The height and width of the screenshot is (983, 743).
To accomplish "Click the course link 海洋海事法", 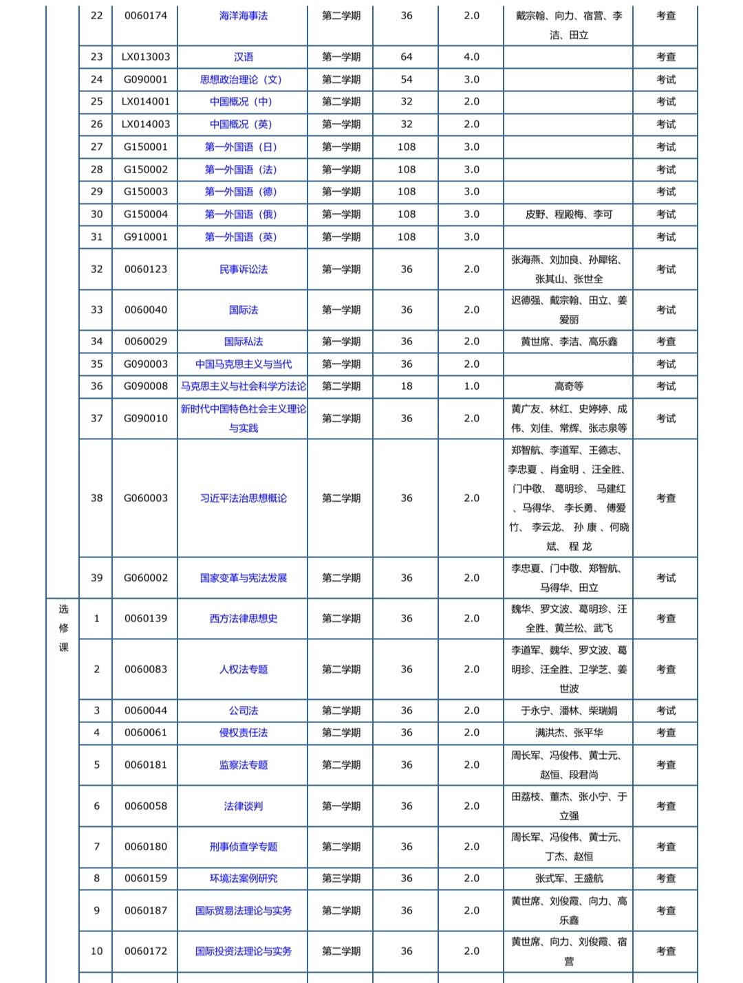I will coord(243,16).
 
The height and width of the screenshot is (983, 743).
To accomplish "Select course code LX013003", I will coord(146,57).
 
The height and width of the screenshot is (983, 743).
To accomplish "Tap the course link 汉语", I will coord(243,57).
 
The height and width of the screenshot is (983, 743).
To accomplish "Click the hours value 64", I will coord(407,57).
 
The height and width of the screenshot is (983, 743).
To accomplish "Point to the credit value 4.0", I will coord(471,57).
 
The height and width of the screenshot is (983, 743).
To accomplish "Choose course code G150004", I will coord(146,214).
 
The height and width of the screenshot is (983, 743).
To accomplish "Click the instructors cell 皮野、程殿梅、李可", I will coord(568,214).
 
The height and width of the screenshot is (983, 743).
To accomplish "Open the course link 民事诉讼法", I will coord(243,269).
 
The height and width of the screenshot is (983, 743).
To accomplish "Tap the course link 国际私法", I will coord(243,342).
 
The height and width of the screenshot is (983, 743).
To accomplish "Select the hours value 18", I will coord(407,386).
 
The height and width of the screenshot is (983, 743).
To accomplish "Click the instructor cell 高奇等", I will coord(568,386).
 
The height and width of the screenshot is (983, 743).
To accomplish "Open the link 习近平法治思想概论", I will coord(243,498).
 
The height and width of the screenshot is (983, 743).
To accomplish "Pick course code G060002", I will coord(146,578).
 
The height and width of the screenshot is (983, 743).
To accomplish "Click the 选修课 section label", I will coord(63,628).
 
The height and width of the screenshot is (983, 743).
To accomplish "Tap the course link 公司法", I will coord(243,711).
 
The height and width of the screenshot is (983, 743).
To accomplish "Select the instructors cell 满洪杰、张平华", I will coord(568,733).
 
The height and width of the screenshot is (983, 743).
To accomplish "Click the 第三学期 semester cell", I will coord(341,879).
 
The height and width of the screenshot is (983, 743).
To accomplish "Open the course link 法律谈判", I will coord(243,806).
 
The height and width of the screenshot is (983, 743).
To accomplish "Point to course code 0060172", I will coord(146,951).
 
